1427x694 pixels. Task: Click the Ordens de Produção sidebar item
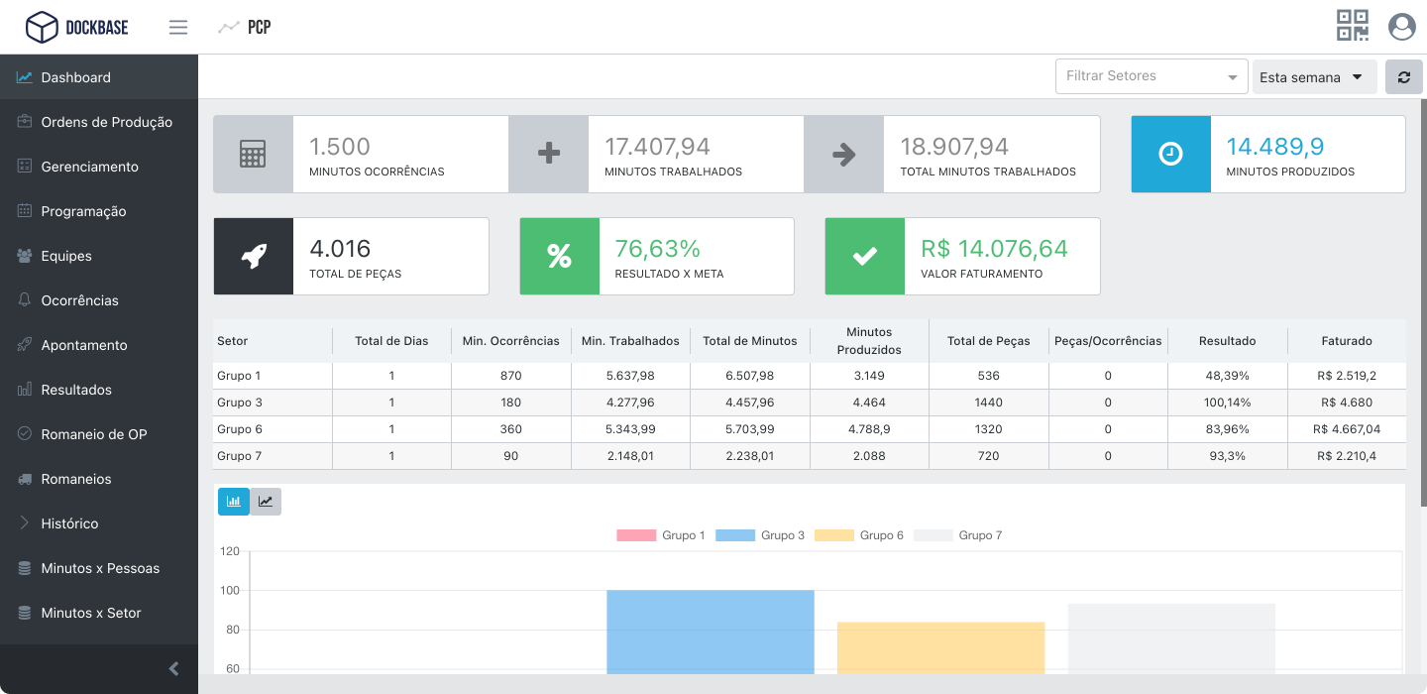coord(106,122)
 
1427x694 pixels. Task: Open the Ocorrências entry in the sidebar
coord(79,300)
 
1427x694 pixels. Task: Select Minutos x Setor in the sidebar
coord(90,613)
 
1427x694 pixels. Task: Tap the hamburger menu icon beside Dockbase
coord(178,27)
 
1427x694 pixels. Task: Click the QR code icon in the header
coord(1353,26)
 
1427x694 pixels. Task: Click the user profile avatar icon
coord(1401,27)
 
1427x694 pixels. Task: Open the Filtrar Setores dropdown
coord(1151,76)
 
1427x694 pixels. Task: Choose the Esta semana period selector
coord(1313,77)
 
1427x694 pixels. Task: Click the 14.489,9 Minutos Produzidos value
coord(1274,147)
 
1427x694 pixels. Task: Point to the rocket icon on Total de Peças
coord(254,256)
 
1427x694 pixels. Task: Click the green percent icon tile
coord(559,256)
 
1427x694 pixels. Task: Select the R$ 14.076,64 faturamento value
coord(994,248)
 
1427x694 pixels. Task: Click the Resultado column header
coord(1227,341)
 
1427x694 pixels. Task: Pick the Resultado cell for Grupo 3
coord(1227,403)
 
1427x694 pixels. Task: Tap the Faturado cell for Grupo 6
coord(1346,429)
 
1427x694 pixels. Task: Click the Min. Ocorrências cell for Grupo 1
coord(510,376)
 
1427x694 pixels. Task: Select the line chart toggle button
coord(266,502)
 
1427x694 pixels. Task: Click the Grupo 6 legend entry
coord(859,535)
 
